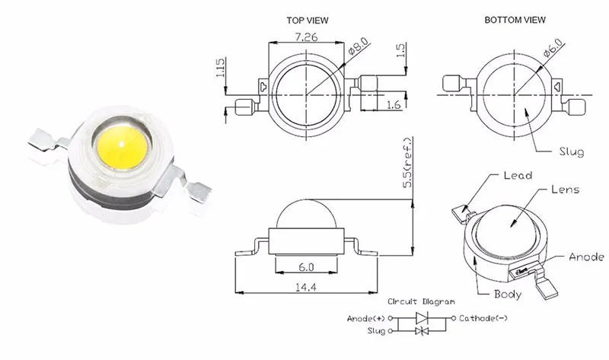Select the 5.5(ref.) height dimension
click(x=408, y=163)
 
